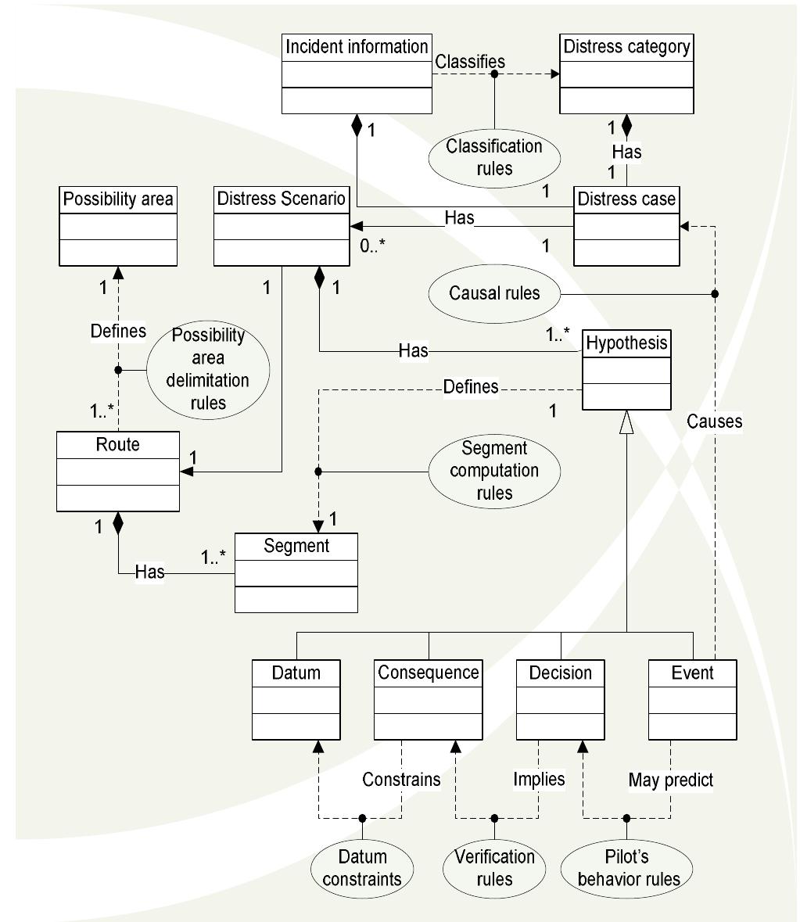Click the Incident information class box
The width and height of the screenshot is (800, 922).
pos(356,74)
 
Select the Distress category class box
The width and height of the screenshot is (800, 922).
pos(626,74)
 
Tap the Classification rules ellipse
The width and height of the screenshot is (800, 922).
pos(494,157)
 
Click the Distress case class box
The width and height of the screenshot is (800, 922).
pos(626,226)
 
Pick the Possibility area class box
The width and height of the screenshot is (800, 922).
pos(118,226)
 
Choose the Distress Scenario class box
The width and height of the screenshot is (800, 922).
pos(282,226)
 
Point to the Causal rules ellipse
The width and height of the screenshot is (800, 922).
pos(494,293)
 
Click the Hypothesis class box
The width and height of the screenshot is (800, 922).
pos(626,370)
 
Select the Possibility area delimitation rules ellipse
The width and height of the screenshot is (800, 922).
pos(208,369)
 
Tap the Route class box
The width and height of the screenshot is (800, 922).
pos(118,472)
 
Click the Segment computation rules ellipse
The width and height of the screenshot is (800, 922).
pos(494,471)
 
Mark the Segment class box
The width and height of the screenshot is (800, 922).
pos(296,572)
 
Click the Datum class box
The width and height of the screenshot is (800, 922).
pos(296,700)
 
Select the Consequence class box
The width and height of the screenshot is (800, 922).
pos(429,700)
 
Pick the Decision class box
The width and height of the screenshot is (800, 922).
pos(560,700)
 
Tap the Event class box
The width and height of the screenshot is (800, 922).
pos(693,700)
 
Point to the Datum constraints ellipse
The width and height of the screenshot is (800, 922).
pos(362,868)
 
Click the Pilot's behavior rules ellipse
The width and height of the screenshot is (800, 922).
pos(629,868)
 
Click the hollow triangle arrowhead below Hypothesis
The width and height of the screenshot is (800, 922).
pos(626,422)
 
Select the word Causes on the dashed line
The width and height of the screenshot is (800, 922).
pos(714,422)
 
